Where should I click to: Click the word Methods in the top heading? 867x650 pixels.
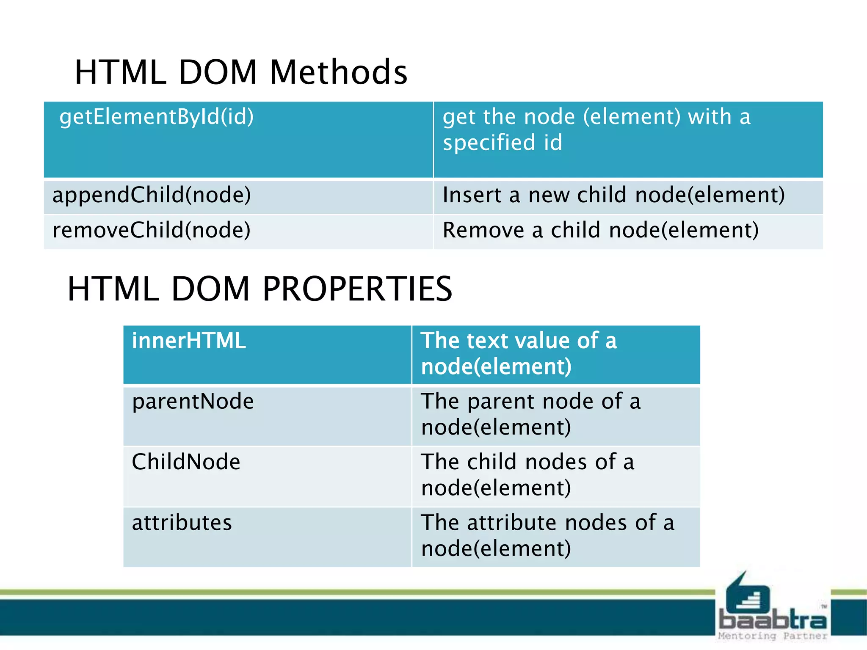point(338,72)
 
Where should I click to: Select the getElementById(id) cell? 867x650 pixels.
point(156,117)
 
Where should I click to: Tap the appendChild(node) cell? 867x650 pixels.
point(152,195)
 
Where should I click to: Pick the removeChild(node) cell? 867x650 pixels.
point(152,230)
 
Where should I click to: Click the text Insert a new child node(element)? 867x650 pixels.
point(613,195)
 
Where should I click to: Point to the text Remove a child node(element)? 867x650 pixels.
point(600,230)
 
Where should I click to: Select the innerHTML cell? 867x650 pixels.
point(188,341)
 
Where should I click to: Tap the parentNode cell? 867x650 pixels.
point(193,401)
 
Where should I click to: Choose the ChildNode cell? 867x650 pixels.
point(186,462)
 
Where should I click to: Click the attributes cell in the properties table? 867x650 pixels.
point(182,523)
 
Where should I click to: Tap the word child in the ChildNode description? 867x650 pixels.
point(491,462)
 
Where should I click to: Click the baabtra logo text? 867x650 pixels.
point(773,620)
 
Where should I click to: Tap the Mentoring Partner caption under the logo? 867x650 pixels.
point(773,636)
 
